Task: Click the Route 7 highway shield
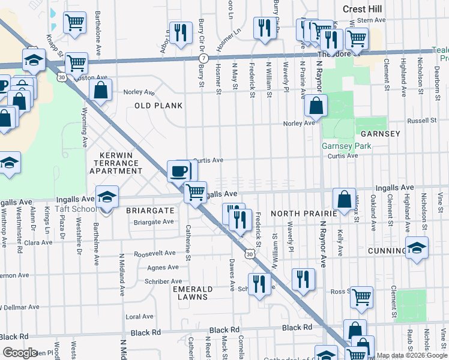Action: pyautogui.click(x=205, y=58)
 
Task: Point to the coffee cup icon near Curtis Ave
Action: pyautogui.click(x=178, y=171)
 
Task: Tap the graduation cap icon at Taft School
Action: pyautogui.click(x=106, y=197)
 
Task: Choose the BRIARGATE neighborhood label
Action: pyautogui.click(x=149, y=211)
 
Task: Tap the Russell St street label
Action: pyautogui.click(x=424, y=120)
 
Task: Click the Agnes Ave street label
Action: pyautogui.click(x=162, y=268)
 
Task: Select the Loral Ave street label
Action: pyautogui.click(x=139, y=316)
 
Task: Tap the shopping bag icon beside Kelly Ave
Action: pyautogui.click(x=343, y=200)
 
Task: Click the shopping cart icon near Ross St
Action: pyautogui.click(x=361, y=297)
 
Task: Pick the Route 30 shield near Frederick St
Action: pyautogui.click(x=249, y=255)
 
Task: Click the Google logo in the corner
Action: pyautogui.click(x=20, y=353)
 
